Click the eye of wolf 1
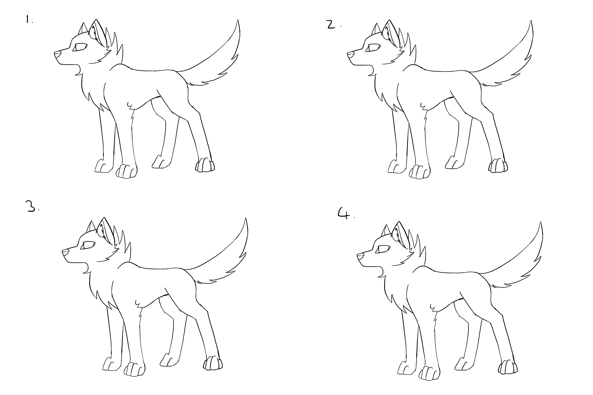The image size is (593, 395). click(80, 47)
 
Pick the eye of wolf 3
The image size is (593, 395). click(88, 245)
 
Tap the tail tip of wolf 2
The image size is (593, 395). click(531, 21)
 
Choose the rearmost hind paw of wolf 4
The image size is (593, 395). click(508, 367)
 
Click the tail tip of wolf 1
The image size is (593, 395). click(238, 21)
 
